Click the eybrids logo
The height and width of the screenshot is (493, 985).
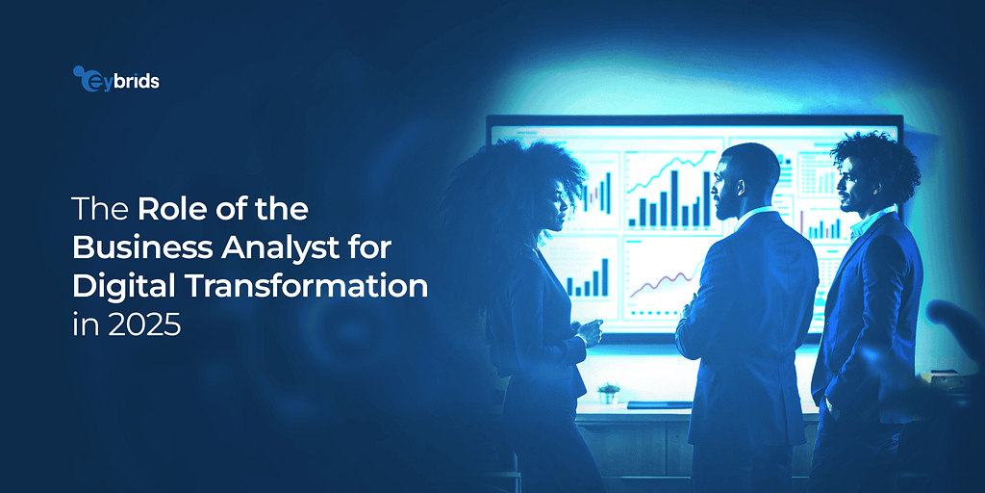coord(116,79)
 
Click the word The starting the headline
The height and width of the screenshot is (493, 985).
coord(101,210)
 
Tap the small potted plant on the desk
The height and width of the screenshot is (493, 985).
coord(608,394)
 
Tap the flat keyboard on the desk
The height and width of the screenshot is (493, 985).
coord(659,405)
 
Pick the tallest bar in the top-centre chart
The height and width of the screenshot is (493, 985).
coord(674,197)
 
